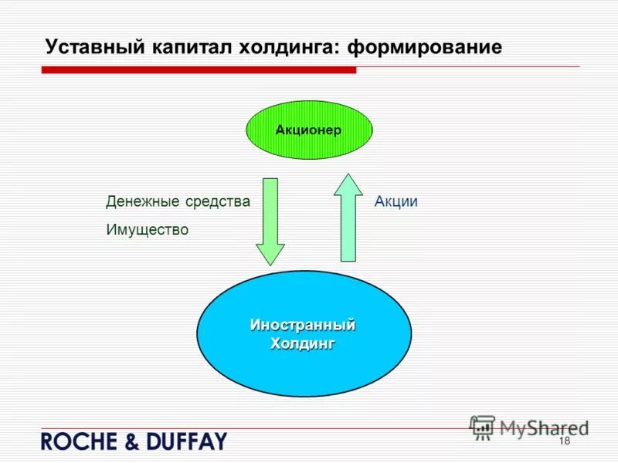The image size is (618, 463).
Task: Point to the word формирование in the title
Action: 425,47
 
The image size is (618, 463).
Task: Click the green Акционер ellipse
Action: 308,130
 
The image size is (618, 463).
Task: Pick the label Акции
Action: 396,202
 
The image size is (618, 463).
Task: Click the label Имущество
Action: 147,230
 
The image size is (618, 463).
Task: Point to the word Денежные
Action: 143,202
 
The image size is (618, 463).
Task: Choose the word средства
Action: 218,202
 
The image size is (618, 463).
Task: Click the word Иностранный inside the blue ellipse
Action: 303,325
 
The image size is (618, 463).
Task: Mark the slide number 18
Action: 563,441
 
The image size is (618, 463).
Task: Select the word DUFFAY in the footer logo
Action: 185,442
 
